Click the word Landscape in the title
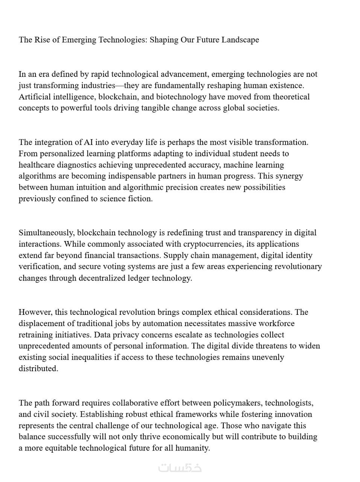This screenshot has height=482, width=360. point(240,40)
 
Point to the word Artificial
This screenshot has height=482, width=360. point(35,97)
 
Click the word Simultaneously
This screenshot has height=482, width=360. point(47,233)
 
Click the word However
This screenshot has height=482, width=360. point(36,312)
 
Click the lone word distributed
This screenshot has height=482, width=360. point(38,369)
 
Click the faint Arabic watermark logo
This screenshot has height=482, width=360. point(180,468)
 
